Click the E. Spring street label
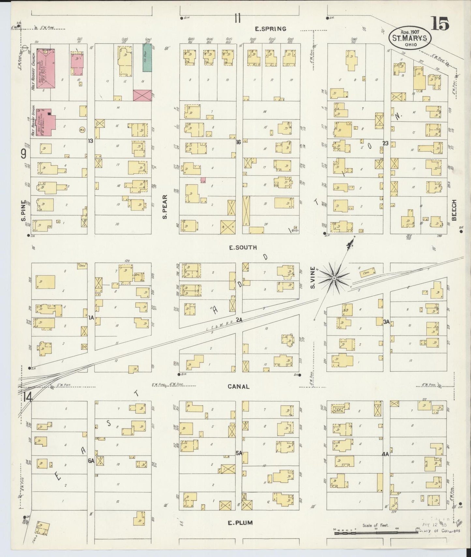click(x=270, y=29)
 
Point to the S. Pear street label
click(x=165, y=207)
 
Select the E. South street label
click(x=243, y=248)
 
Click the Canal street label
click(x=239, y=387)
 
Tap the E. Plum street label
click(x=240, y=523)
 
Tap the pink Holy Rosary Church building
click(x=45, y=68)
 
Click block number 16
click(x=239, y=142)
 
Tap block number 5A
click(x=239, y=453)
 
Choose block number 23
click(x=385, y=143)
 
